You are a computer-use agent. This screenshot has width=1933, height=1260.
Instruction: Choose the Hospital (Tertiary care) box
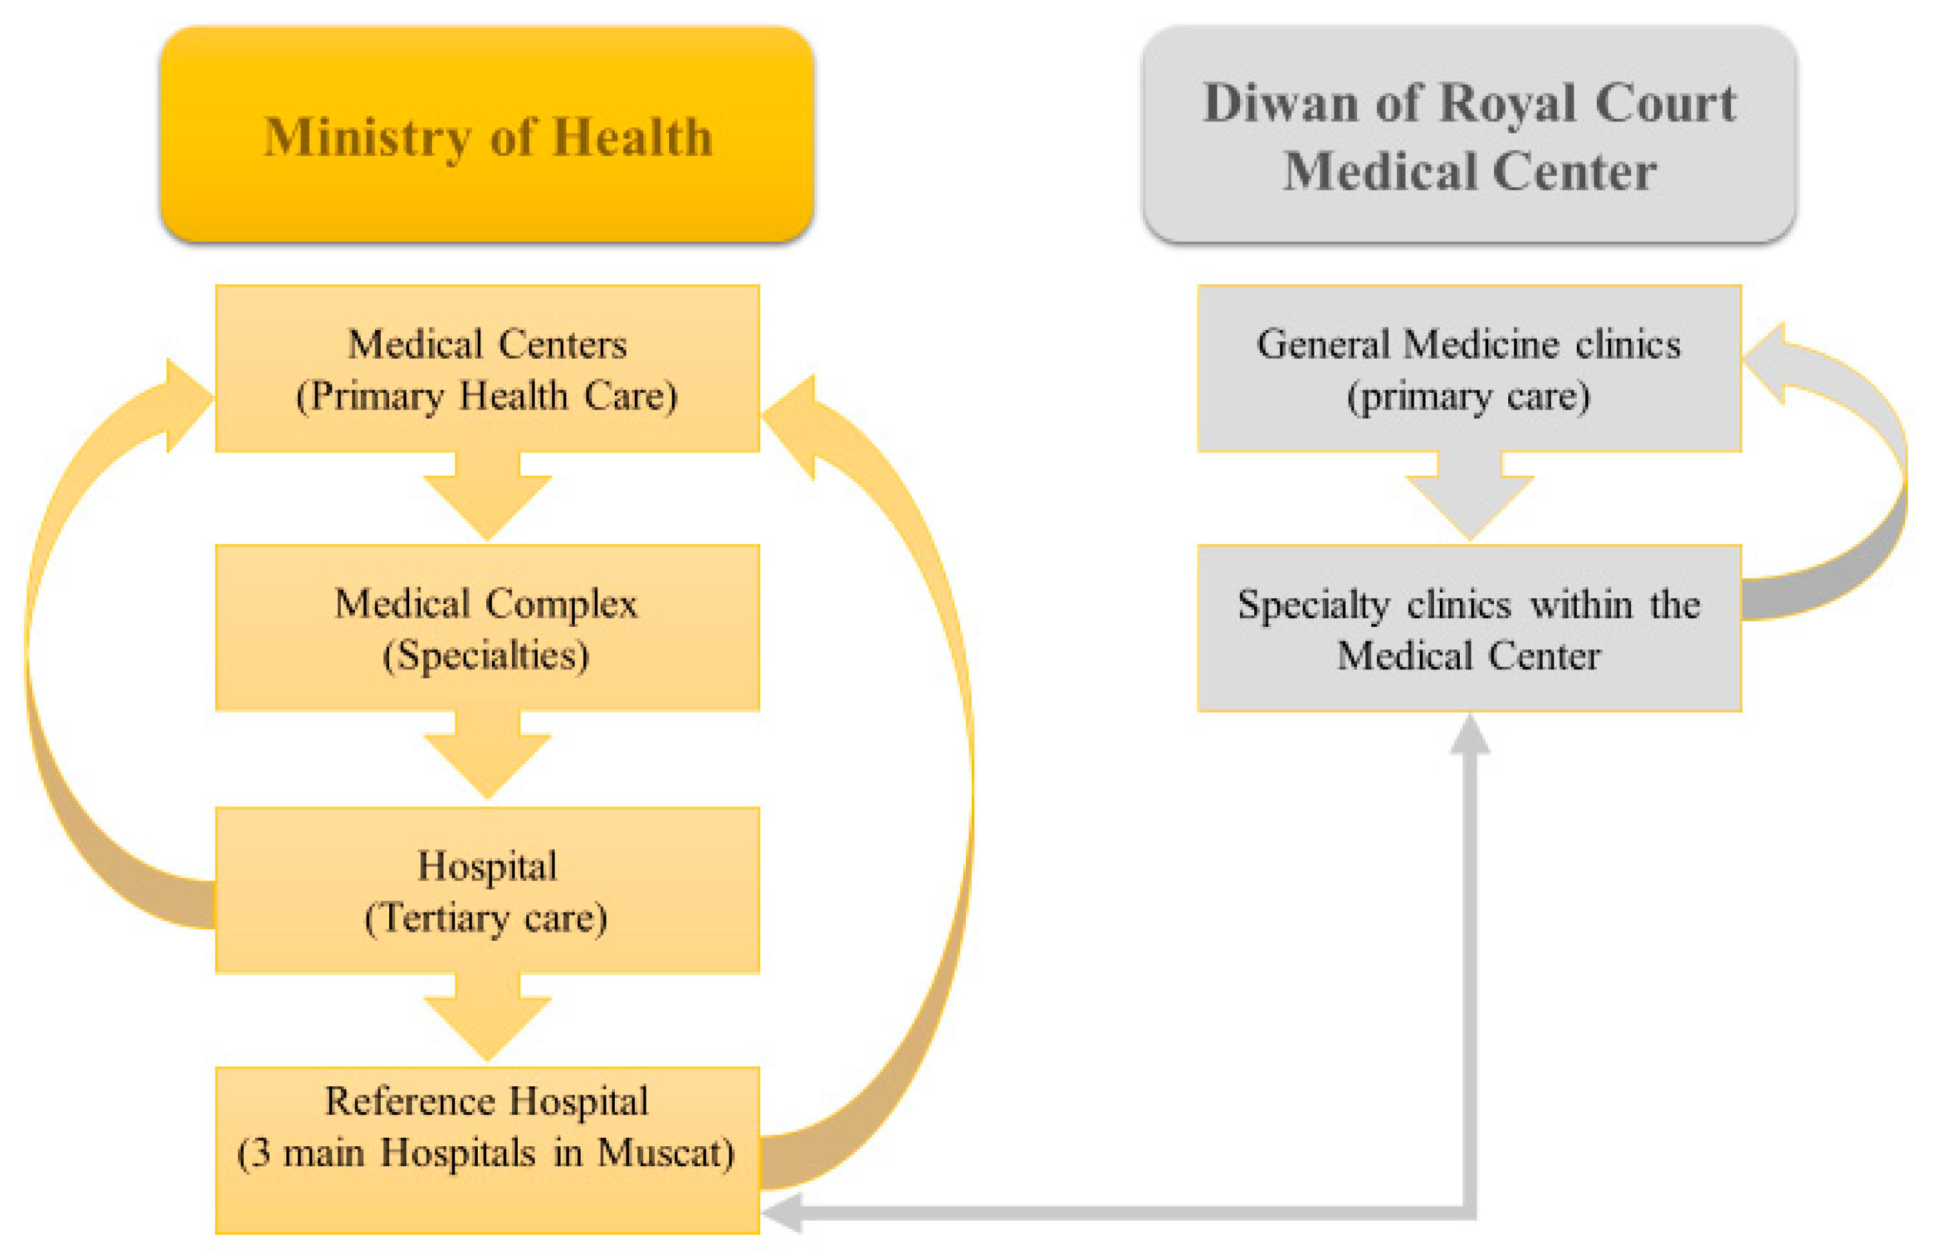click(x=487, y=890)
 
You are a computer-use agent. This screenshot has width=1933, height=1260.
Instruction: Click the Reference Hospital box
click(x=487, y=1150)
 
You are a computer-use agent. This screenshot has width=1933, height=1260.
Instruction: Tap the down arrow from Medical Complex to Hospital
click(x=487, y=757)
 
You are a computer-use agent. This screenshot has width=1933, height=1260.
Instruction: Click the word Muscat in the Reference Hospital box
click(x=666, y=1153)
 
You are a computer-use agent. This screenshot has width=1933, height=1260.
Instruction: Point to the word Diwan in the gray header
click(x=1281, y=104)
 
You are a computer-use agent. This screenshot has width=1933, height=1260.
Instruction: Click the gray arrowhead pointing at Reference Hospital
click(x=782, y=1213)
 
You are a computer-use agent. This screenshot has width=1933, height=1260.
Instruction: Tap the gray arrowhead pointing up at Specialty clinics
click(x=1469, y=734)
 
